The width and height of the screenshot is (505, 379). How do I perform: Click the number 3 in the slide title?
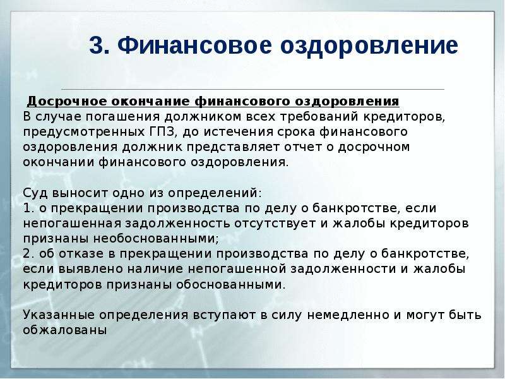97,45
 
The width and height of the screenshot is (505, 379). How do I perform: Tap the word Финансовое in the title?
195,45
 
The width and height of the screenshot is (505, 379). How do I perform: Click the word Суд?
35,193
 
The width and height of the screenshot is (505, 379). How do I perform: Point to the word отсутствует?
275,224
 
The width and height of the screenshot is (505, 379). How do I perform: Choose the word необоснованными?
156,239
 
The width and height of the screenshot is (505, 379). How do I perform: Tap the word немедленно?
348,315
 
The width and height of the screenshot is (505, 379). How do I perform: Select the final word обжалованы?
65,330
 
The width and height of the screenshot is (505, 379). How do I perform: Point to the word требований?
319,116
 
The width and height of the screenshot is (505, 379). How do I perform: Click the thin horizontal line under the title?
253,89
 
